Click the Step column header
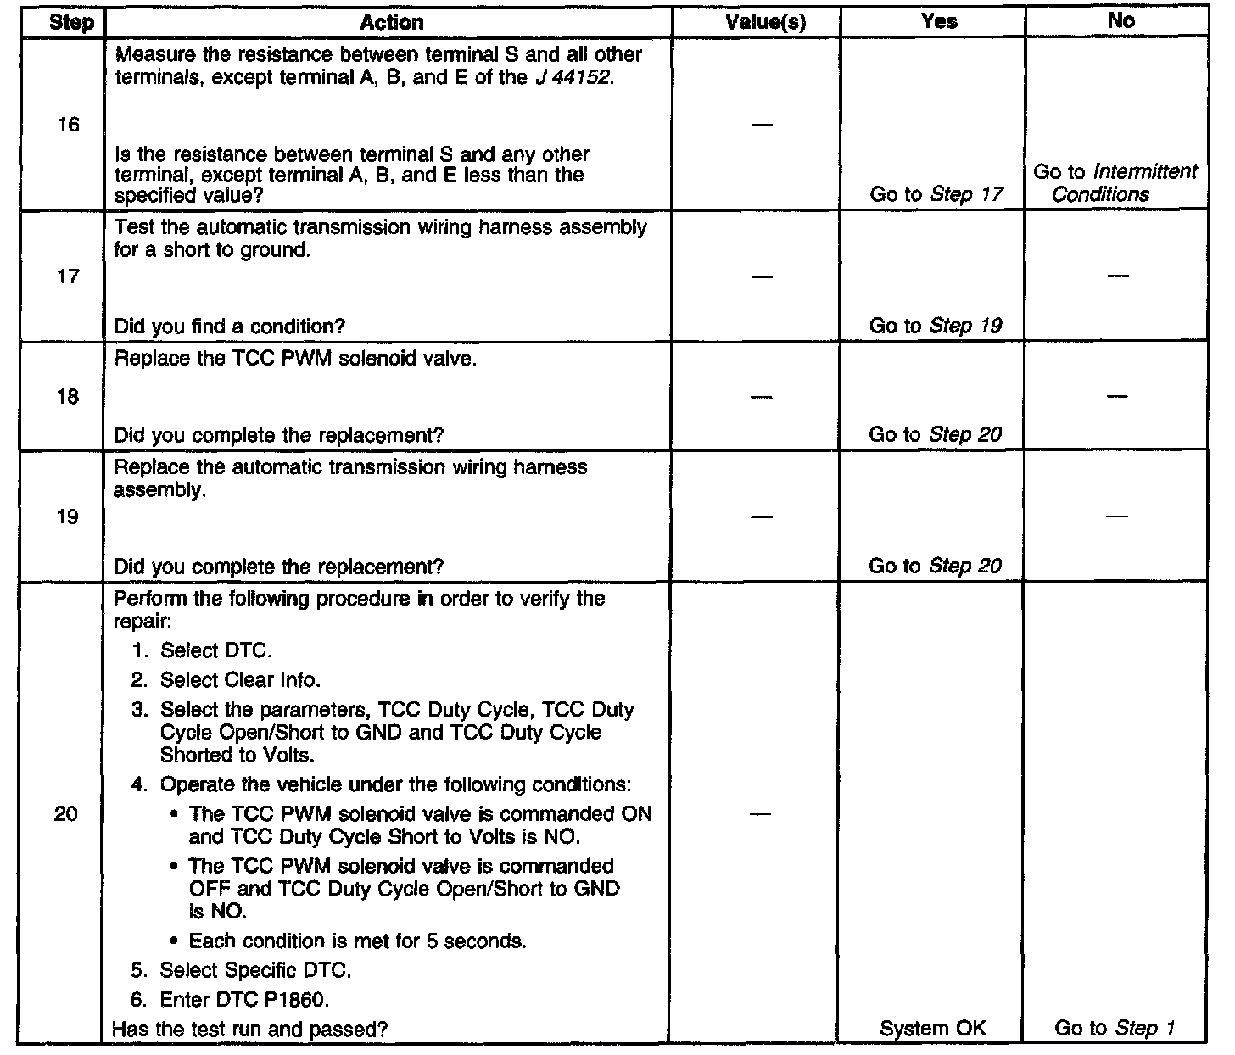(72, 22)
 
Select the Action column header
(391, 22)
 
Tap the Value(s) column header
(765, 22)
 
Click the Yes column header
(939, 22)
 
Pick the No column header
(1120, 22)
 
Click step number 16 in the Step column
(68, 125)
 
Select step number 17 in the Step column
(68, 276)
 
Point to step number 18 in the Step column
(68, 397)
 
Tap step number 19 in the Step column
(68, 517)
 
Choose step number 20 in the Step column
(66, 814)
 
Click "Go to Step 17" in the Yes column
(936, 194)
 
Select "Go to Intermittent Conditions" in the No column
(1115, 183)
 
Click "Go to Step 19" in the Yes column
(936, 326)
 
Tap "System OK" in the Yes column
(933, 1029)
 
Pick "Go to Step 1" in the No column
(1114, 1029)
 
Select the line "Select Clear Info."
(240, 680)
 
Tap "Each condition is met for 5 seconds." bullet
(357, 941)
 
